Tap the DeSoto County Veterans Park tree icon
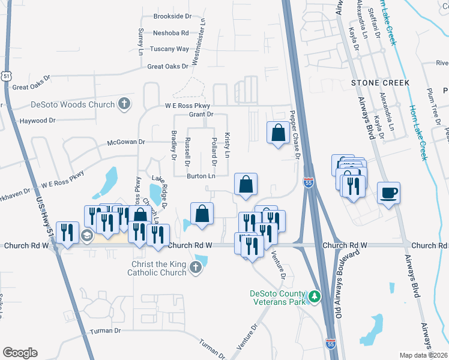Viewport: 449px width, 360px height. click(x=313, y=296)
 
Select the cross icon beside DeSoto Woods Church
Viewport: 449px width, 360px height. click(x=124, y=104)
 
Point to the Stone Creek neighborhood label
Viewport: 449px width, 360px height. click(x=381, y=82)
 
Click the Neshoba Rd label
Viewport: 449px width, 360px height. click(x=171, y=33)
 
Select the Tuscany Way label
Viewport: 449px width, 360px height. click(x=170, y=49)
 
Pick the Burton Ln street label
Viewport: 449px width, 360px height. click(x=200, y=176)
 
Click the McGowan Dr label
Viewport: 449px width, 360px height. click(x=126, y=142)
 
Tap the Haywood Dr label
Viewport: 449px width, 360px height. click(x=37, y=121)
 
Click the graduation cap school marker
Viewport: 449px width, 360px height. click(x=86, y=236)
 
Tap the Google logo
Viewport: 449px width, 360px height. click(x=20, y=353)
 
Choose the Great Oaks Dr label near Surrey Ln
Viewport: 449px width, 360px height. click(x=167, y=67)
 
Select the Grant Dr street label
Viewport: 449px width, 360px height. click(x=202, y=114)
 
